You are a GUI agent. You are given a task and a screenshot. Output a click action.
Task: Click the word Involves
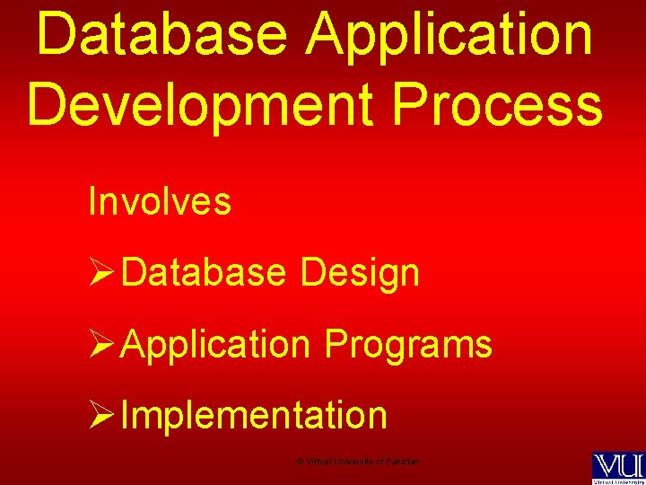tap(160, 201)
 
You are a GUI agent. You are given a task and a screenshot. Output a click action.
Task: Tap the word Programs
tap(408, 344)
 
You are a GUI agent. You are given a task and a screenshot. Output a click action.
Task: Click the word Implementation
tap(254, 416)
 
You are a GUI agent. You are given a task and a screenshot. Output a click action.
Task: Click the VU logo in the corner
tap(617, 466)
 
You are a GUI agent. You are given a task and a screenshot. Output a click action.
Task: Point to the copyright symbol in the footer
tap(300, 462)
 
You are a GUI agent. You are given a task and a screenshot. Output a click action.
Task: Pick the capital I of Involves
tap(92, 201)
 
